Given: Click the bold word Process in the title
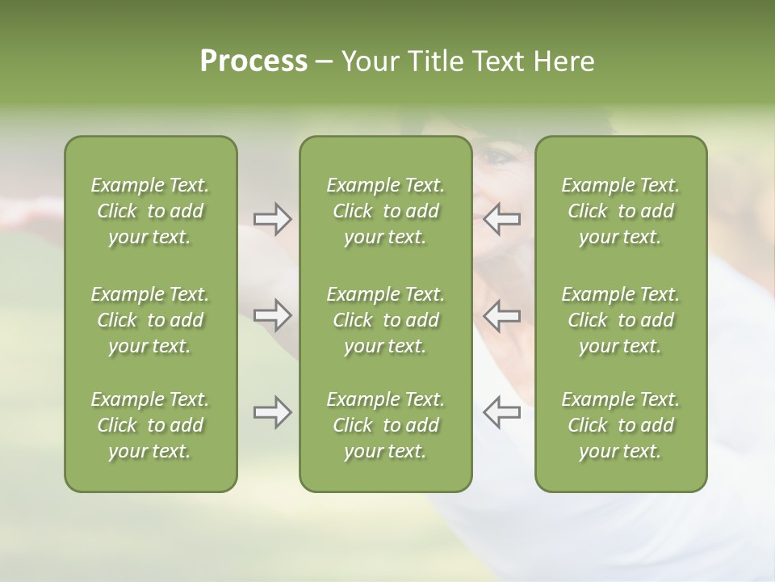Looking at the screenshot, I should point(253,61).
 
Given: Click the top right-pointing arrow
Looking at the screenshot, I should point(272,218).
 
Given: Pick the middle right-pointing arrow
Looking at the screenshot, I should point(272,315).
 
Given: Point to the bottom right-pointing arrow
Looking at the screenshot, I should point(272,412).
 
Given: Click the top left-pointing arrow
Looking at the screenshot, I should point(501,218).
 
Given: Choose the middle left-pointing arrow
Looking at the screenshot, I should point(501,315).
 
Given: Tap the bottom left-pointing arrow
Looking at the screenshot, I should point(501,412).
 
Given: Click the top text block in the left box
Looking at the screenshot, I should point(150,211).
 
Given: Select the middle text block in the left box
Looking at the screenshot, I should point(150,320).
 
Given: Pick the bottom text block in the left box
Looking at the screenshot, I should point(150,425).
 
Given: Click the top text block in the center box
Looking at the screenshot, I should point(385,211).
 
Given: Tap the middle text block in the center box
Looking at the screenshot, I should point(385,320).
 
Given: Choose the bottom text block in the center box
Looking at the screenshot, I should point(385,425).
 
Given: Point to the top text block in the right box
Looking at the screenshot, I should point(621,211).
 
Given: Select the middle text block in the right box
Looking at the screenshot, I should point(621,320).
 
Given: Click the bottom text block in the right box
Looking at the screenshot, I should point(621,425).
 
